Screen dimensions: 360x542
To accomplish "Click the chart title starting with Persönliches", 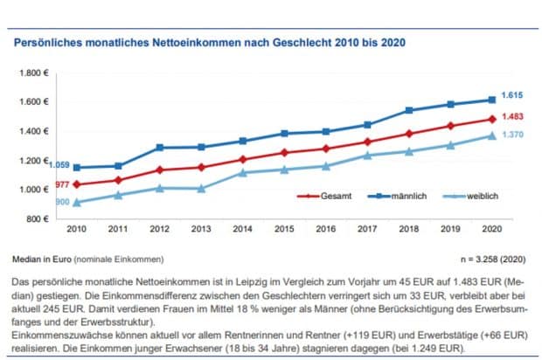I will pos(208,41).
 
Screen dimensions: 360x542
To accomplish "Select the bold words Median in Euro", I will pos(41,260).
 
